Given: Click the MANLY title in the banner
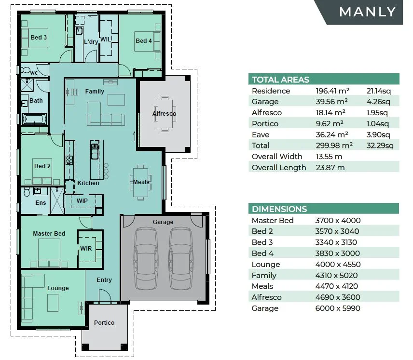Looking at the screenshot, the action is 368,12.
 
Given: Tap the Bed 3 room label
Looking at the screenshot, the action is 39,38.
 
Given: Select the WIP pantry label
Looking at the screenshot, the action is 82,201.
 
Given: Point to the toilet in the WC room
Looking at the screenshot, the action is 26,70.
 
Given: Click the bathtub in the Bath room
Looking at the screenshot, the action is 34,119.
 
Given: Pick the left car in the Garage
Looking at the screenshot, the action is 146,259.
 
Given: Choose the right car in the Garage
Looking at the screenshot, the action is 180,259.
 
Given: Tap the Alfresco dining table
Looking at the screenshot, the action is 165,114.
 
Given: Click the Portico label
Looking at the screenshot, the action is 104,322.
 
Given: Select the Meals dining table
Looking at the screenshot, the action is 141,182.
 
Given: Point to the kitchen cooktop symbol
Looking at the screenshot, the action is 69,160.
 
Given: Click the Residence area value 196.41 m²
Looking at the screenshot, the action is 332,91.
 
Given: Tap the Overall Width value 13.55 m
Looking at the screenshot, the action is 329,157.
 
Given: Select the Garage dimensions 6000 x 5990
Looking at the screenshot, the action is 338,308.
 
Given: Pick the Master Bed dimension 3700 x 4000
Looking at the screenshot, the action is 338,220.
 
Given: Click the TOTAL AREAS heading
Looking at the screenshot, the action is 280,80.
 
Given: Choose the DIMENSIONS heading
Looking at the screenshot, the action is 279,209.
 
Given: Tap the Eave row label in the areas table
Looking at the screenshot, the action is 261,135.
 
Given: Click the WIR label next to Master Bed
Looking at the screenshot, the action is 86,248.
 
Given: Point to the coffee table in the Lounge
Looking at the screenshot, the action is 53,303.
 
